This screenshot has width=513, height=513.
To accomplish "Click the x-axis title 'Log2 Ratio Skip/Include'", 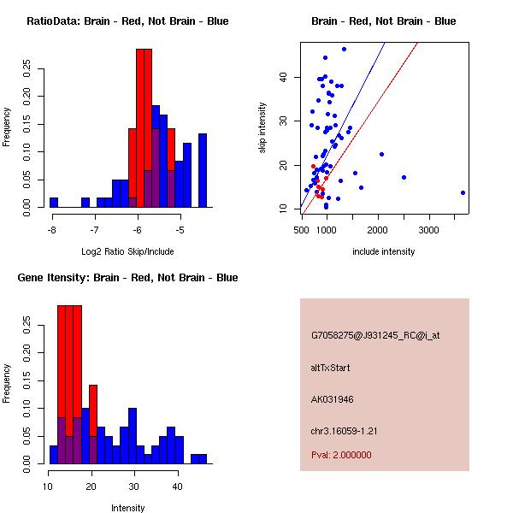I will point(127,251).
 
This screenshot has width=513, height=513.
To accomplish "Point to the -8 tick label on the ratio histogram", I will point(52,230).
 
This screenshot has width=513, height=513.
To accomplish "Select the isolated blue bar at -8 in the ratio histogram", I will point(54,202).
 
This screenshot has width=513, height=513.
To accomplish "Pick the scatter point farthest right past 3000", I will point(463,192).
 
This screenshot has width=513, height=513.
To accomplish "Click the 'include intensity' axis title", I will point(384,251).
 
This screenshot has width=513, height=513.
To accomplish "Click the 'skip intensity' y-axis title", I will point(262,128).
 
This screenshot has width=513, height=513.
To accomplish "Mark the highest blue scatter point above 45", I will point(344,49).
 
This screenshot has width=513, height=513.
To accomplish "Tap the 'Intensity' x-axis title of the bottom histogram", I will point(128,508).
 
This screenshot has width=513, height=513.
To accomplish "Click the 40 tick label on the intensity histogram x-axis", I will point(177,486).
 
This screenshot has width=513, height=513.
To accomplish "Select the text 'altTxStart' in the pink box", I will point(331,368).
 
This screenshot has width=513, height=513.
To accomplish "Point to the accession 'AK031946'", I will point(332,398).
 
